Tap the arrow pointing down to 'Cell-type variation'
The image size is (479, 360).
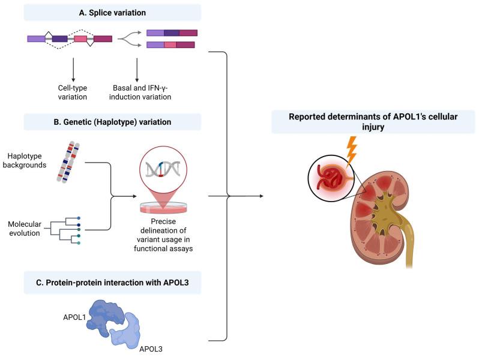(x=73, y=69)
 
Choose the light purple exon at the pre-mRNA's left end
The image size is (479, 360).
(x=36, y=38)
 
